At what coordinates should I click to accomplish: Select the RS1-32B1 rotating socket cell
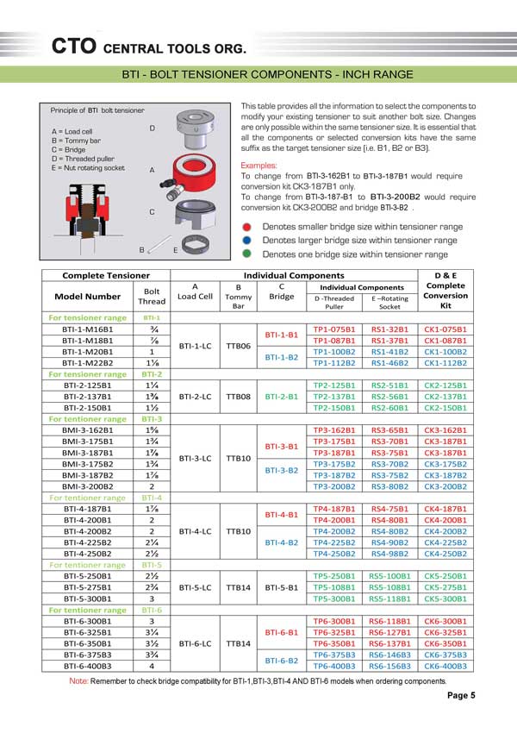click(389, 330)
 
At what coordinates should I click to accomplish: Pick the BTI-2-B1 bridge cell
click(282, 397)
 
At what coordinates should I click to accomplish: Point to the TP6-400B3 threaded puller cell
click(334, 667)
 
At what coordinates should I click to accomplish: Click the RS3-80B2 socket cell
click(389, 486)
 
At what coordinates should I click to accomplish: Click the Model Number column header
click(87, 296)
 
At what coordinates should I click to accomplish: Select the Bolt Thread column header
click(151, 297)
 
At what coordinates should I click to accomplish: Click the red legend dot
click(247, 227)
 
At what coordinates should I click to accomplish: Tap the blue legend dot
click(247, 241)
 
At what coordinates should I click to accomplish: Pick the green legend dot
click(247, 254)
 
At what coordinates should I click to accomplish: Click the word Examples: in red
click(259, 164)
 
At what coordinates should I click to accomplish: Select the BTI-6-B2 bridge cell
click(282, 661)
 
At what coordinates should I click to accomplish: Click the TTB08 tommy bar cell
click(238, 397)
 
